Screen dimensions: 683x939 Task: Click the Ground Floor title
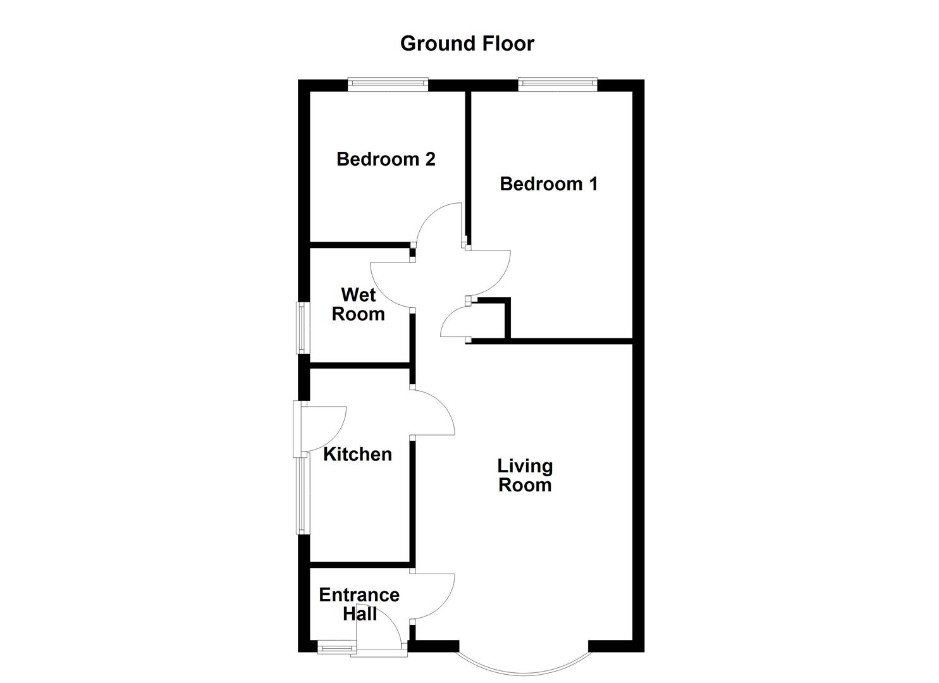[467, 43]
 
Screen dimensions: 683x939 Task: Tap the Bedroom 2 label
[386, 159]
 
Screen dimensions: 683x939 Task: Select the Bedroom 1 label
[548, 184]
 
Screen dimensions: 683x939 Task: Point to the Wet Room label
[358, 304]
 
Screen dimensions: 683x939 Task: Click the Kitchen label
[357, 454]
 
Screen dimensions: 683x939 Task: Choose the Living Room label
[525, 476]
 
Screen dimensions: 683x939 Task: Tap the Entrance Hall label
[359, 604]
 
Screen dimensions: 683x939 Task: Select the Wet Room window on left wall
[303, 328]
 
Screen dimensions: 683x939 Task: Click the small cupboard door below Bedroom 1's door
[454, 323]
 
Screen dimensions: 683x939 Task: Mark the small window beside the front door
[336, 647]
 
